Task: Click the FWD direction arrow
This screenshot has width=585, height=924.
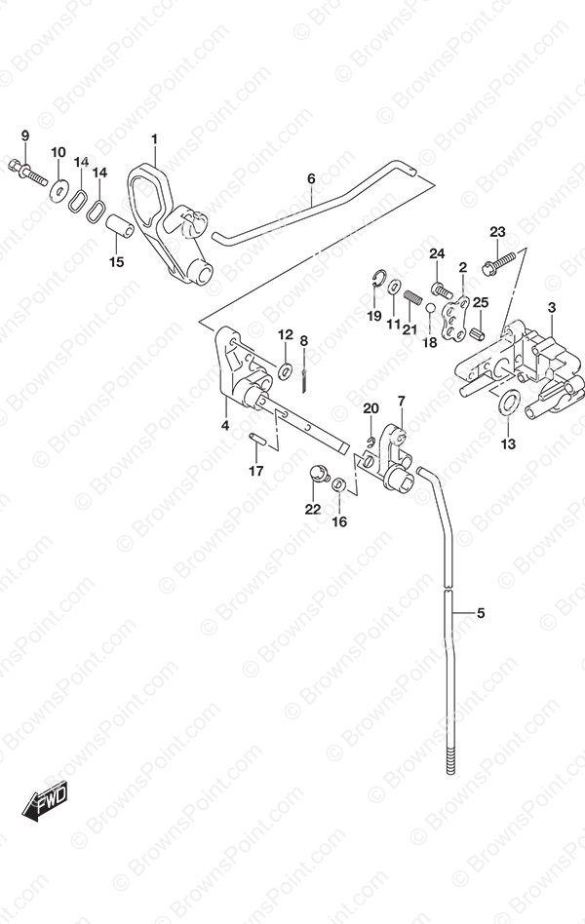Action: (x=45, y=800)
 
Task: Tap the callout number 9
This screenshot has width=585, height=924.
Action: (x=24, y=135)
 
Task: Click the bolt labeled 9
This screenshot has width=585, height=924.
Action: (x=27, y=171)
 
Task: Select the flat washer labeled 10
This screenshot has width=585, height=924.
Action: (x=58, y=190)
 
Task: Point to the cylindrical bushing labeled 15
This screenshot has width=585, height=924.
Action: (x=120, y=226)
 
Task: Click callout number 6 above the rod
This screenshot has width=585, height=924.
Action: (x=311, y=178)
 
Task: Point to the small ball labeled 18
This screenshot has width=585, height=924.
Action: (x=431, y=308)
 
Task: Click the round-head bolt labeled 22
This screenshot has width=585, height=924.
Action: (x=320, y=474)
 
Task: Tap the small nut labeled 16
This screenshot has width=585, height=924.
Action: (x=339, y=485)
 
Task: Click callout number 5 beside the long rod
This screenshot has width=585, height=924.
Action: (x=481, y=613)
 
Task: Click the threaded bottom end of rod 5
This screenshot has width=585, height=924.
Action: (x=451, y=760)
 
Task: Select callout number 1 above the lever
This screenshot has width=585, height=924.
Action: (x=154, y=139)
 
